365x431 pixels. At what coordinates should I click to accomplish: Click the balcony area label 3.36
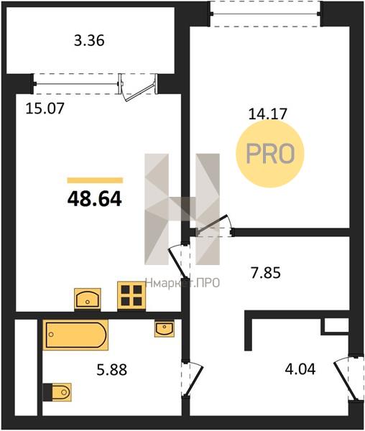(89, 41)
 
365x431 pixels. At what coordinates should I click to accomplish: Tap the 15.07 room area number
(45, 108)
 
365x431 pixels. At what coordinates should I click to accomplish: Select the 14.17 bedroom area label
(267, 113)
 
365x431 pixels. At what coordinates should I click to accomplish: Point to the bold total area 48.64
(94, 199)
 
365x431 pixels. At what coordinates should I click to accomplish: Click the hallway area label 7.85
(266, 273)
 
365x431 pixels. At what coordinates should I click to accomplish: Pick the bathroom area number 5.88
(112, 370)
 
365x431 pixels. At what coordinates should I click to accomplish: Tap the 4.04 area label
(300, 369)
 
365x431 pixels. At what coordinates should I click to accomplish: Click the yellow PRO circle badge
(270, 154)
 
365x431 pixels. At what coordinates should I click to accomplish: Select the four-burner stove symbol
(131, 296)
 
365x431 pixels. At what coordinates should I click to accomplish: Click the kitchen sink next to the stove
(88, 299)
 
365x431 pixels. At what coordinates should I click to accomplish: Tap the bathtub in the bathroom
(75, 335)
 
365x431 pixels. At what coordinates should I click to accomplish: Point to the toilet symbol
(57, 392)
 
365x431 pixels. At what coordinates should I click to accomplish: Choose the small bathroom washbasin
(165, 328)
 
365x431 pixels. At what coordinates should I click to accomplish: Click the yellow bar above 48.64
(95, 180)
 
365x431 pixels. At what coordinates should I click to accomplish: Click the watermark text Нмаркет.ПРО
(182, 282)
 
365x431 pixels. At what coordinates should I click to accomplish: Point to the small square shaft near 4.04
(336, 326)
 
